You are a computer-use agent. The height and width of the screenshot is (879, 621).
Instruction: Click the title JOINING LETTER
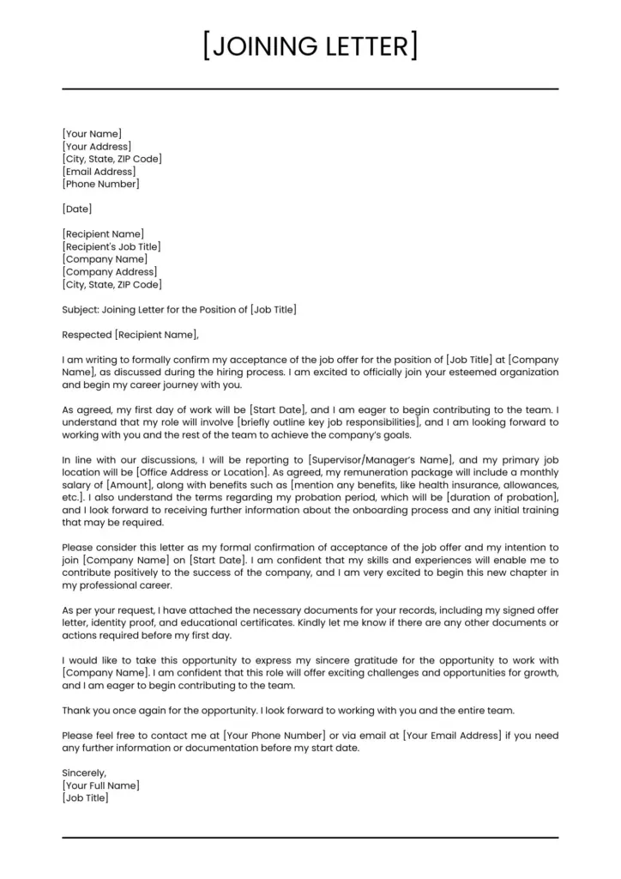pos(310,45)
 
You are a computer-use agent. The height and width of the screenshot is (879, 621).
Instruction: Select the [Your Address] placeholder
pos(97,146)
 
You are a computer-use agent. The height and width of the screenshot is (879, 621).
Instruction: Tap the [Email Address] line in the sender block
pos(99,172)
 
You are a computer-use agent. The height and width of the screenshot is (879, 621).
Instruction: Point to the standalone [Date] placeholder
pos(77,209)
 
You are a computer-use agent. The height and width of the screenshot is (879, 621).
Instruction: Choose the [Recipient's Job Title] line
pos(112,246)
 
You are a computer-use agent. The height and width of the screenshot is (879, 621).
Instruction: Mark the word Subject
pos(81,309)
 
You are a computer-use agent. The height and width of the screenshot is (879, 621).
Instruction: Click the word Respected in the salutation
pos(87,334)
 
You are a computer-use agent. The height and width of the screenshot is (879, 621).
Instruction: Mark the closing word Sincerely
pos(84,773)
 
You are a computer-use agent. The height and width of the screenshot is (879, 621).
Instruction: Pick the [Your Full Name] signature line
pos(100,785)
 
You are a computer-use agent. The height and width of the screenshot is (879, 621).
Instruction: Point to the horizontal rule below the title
pos(310,88)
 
